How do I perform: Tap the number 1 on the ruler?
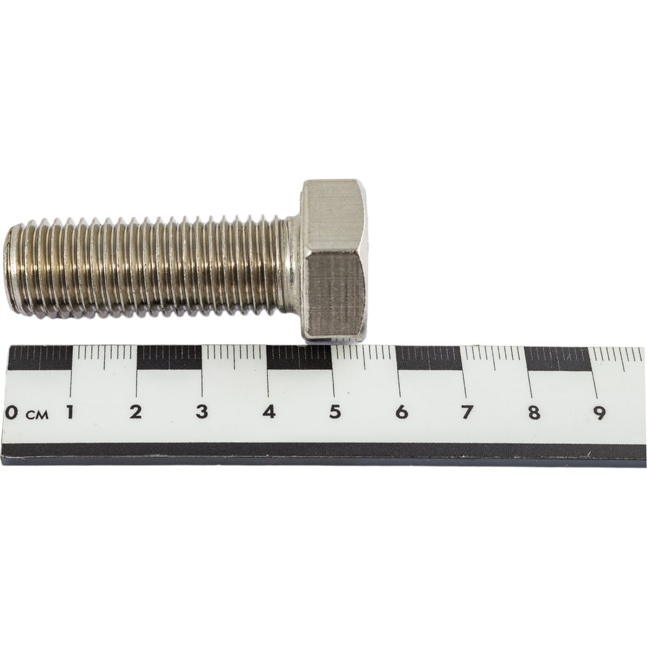click(x=70, y=411)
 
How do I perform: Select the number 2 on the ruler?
click(x=135, y=411)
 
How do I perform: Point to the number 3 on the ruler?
click(x=202, y=411)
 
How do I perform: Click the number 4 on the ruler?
click(x=269, y=411)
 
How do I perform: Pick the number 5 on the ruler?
click(x=335, y=411)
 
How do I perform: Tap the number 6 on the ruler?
click(x=401, y=411)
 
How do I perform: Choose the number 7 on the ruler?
click(x=466, y=411)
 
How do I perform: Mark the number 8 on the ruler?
click(x=534, y=411)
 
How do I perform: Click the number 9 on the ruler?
click(x=600, y=411)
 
